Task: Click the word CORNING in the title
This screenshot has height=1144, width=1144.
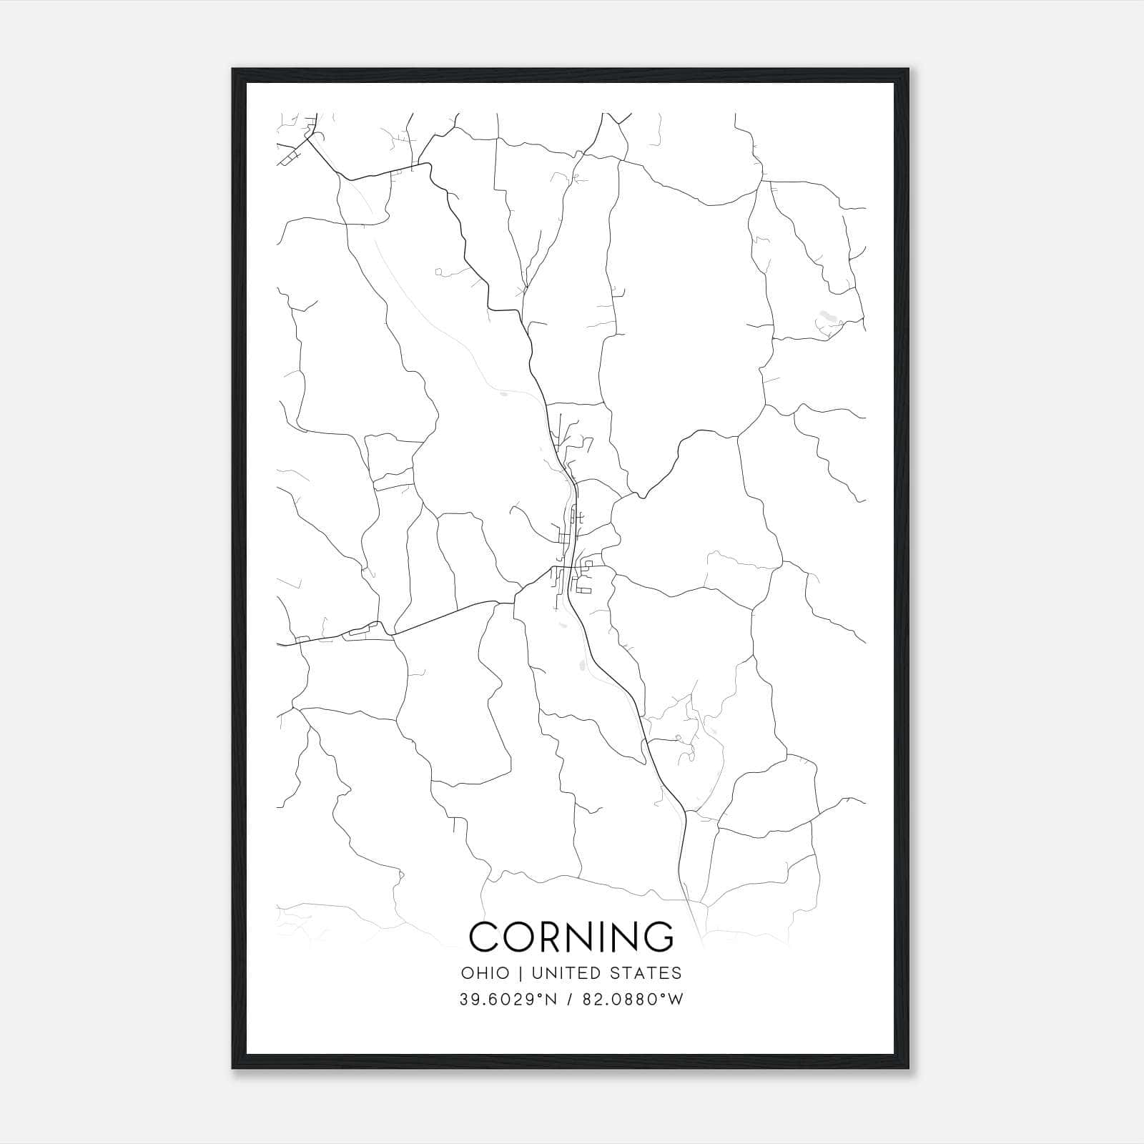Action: click(x=571, y=937)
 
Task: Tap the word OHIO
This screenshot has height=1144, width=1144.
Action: click(x=485, y=973)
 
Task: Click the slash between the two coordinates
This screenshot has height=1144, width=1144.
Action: click(x=569, y=1000)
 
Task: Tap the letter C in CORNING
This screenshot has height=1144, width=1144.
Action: click(x=483, y=937)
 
